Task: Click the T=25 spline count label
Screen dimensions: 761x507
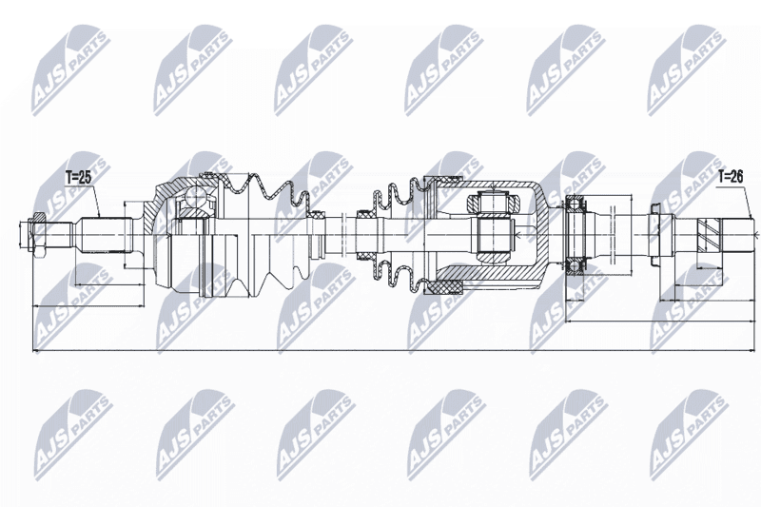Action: (79, 178)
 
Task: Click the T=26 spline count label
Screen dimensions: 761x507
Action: (731, 177)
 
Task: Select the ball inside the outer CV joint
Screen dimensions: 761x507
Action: (194, 198)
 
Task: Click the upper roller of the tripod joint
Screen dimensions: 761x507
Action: (493, 204)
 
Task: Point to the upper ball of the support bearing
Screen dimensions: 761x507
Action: (576, 202)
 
